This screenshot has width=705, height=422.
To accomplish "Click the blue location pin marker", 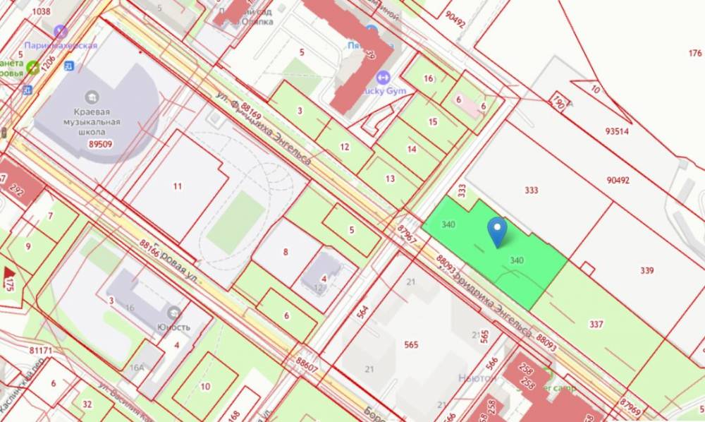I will [x=498, y=231].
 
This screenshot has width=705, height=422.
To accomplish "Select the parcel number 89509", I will [x=102, y=144].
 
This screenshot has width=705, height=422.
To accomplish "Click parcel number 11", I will [x=177, y=186].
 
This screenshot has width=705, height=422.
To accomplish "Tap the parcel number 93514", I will [x=617, y=131].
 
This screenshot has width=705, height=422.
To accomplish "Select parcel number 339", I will [x=647, y=270].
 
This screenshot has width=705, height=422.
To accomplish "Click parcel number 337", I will [x=596, y=324].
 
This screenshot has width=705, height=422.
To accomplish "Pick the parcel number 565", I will [x=412, y=344].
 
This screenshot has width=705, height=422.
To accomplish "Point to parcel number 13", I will [x=390, y=178].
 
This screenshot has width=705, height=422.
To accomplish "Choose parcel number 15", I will [x=433, y=121].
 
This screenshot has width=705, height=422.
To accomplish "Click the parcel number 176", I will [x=694, y=54].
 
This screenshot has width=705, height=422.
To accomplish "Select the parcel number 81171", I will [x=42, y=349].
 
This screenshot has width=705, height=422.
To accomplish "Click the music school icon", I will [x=91, y=97].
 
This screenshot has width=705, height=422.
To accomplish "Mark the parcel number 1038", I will [x=42, y=11].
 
